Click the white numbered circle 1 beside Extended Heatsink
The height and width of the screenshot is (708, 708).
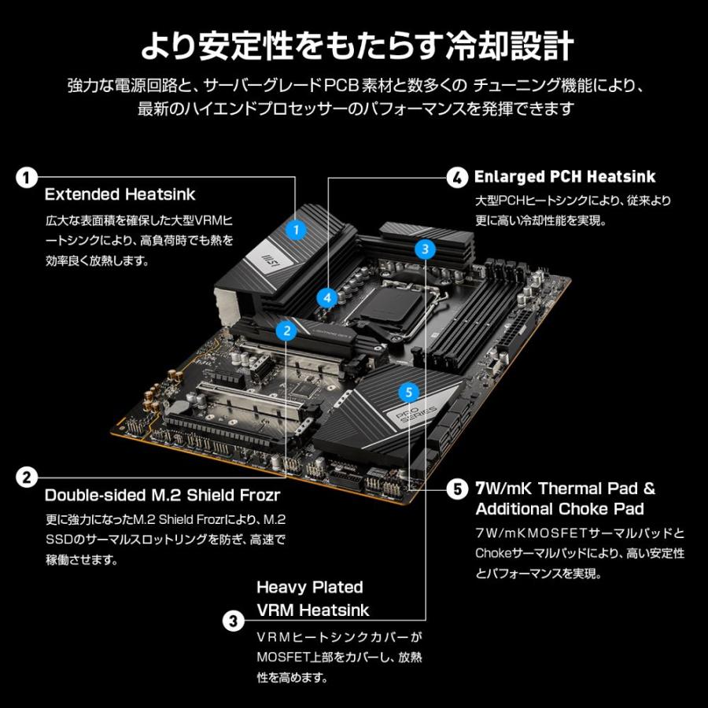pyautogui.click(x=27, y=177)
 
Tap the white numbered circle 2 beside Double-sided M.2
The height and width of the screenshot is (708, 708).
pyautogui.click(x=27, y=477)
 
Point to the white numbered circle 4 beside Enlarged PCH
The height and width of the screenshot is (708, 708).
pyautogui.click(x=457, y=177)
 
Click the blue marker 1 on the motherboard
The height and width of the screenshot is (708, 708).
pyautogui.click(x=295, y=230)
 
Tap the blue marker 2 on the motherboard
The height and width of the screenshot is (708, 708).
pyautogui.click(x=287, y=330)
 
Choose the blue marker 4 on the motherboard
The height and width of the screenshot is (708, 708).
pyautogui.click(x=327, y=297)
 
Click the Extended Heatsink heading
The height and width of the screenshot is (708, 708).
pyautogui.click(x=120, y=194)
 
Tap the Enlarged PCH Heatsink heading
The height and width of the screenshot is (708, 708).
pyautogui.click(x=565, y=177)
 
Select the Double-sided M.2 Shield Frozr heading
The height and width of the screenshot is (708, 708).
pyautogui.click(x=162, y=496)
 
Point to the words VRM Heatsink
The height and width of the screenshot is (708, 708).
pyautogui.click(x=312, y=610)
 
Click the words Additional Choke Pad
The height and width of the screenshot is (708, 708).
pyautogui.click(x=559, y=508)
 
